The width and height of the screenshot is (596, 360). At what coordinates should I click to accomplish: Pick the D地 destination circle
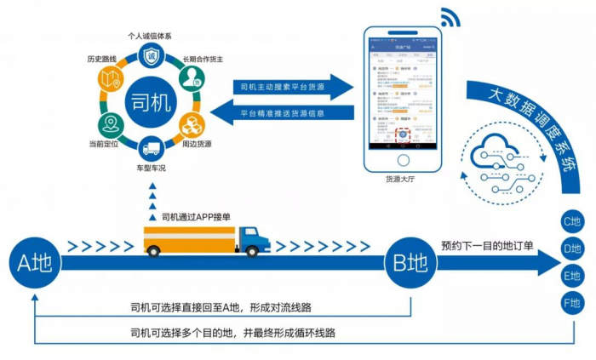572,249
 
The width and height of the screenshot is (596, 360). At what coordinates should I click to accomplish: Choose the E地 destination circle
572,276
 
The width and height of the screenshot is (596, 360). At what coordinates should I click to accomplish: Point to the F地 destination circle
572,302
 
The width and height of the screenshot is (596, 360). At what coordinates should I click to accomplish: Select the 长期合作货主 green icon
193,78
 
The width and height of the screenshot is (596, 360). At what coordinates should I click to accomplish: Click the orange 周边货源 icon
193,125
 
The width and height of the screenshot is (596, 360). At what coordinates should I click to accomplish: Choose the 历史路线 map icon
110,79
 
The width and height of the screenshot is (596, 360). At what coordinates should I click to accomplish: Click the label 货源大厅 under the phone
402,180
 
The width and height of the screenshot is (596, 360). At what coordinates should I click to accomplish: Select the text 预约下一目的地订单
487,246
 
